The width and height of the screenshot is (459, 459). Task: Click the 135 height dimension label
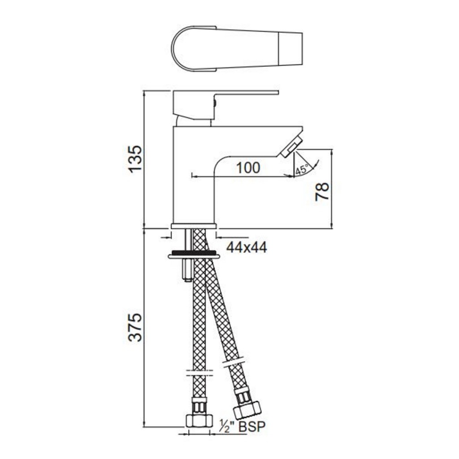[135, 158]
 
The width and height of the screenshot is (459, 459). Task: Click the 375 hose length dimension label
[135, 327]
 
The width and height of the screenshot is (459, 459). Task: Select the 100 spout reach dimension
[248, 168]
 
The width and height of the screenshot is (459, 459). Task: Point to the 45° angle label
[302, 170]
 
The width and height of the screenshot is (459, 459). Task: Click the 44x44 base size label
[246, 247]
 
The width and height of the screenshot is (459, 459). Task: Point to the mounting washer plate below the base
[194, 256]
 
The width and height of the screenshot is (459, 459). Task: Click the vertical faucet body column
[193, 179]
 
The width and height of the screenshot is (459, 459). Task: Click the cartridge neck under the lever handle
[193, 121]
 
